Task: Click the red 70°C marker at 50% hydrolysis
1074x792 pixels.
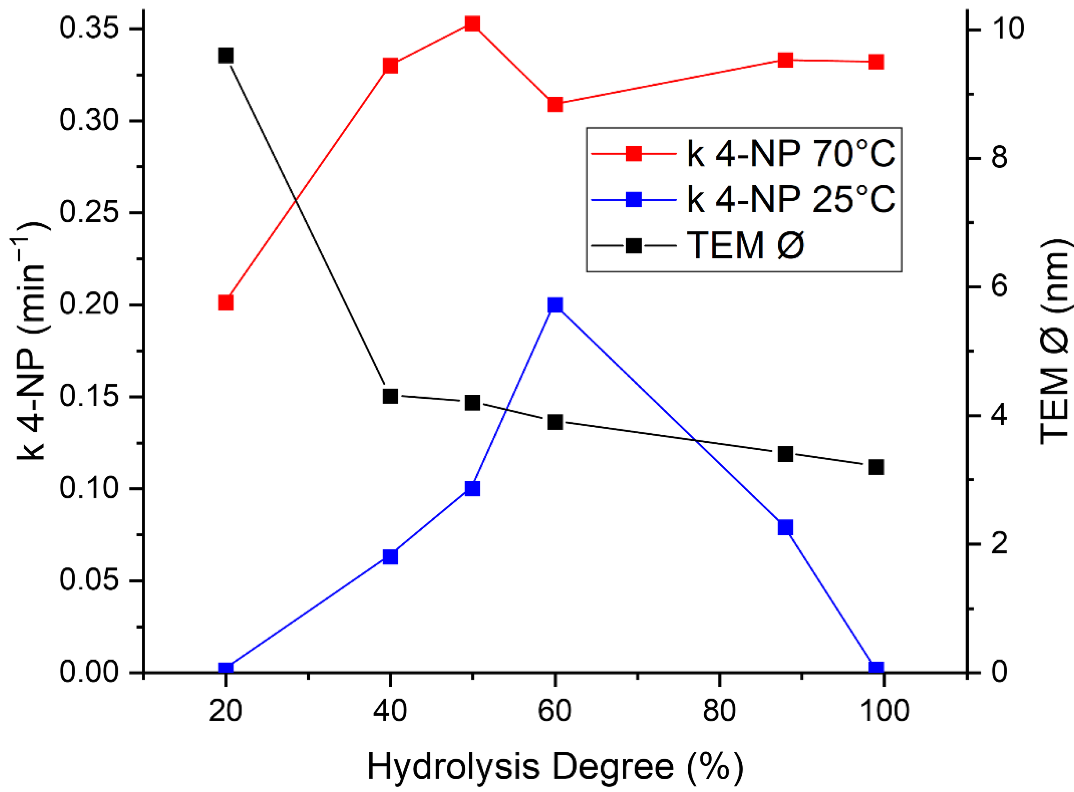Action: pos(473,24)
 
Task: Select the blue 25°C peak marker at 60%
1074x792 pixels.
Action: pos(555,305)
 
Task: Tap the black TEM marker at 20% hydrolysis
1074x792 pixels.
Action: pos(226,56)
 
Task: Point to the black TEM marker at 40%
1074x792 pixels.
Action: pos(390,397)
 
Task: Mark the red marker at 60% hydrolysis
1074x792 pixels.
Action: pos(555,104)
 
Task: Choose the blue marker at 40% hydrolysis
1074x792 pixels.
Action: pos(390,557)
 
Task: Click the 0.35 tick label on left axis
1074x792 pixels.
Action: pos(89,28)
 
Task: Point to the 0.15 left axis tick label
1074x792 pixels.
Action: pos(89,397)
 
